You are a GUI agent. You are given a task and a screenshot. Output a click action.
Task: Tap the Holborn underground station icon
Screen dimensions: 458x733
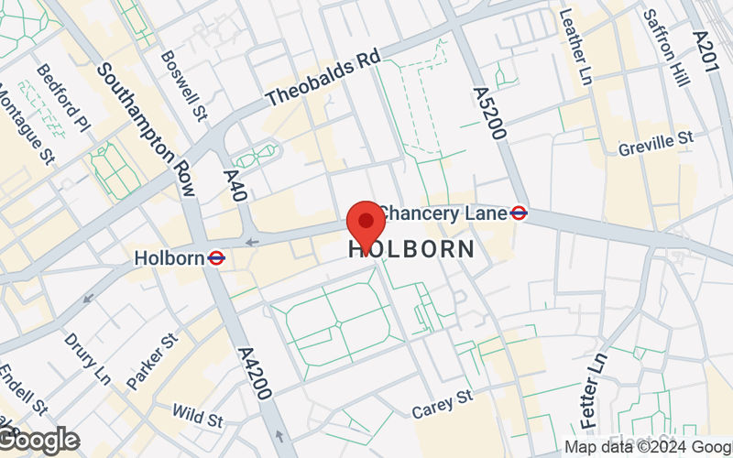pos(217,258)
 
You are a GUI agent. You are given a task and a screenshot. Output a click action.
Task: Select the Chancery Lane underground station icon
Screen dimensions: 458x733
pos(520,213)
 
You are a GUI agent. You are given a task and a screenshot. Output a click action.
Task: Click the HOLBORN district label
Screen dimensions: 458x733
pos(412,249)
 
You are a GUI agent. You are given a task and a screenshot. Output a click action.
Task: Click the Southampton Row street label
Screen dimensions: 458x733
pos(147,129)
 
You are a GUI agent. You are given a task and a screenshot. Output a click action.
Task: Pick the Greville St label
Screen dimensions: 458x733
pos(655,145)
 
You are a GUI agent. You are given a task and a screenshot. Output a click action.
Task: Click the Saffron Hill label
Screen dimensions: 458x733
pos(666,48)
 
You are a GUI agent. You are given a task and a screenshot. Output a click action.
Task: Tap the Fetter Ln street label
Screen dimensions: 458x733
pos(595,391)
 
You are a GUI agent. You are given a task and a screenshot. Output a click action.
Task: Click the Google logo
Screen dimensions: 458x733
pos(38,440)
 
